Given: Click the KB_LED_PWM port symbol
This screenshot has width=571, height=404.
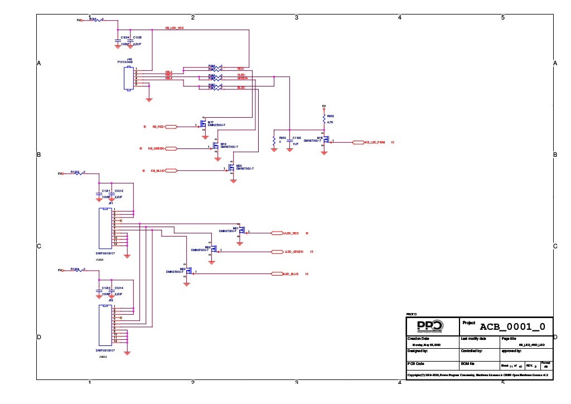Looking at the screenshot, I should point(358,142).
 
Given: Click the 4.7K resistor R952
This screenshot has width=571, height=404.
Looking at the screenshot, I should point(324,119).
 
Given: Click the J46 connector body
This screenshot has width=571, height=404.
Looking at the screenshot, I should point(129,78).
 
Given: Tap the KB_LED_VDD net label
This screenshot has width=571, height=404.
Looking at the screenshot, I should point(175,27).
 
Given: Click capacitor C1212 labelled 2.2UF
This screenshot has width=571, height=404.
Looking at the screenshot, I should point(112,194).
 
